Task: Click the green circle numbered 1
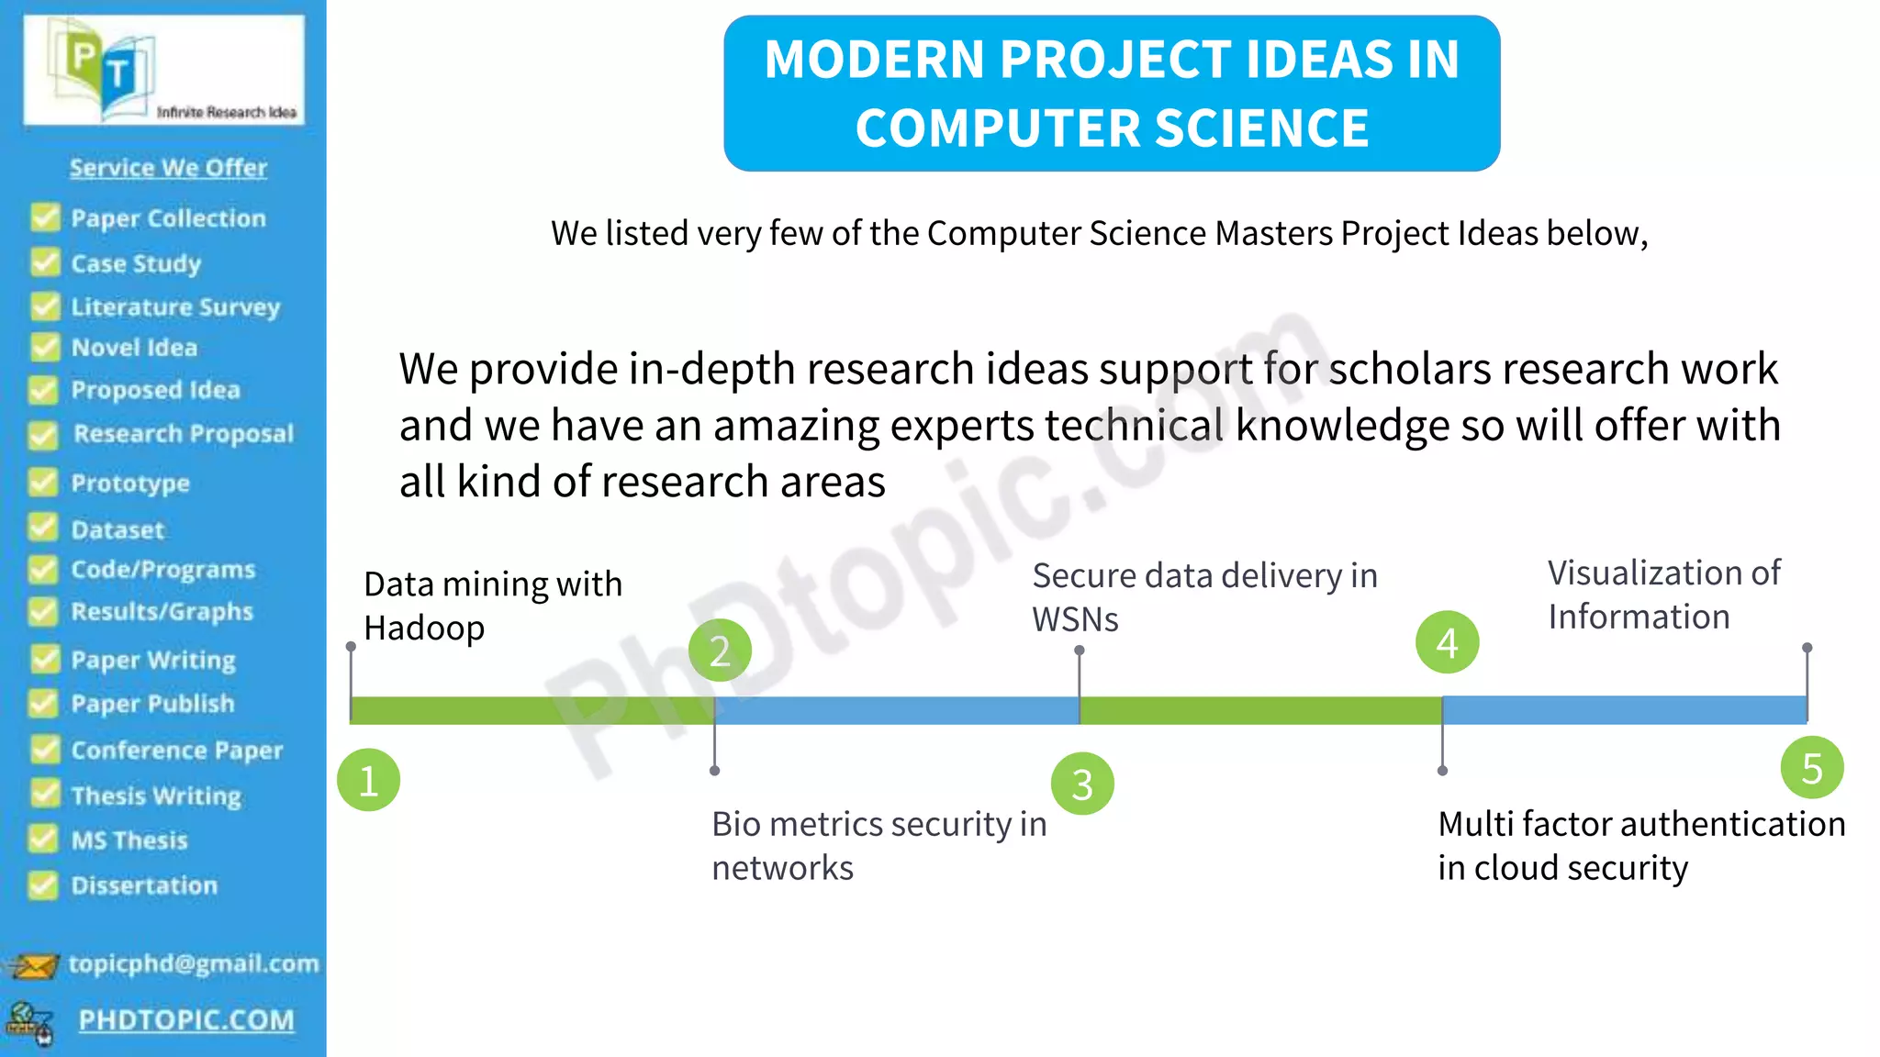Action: [x=368, y=781]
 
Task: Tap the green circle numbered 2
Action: [x=720, y=651]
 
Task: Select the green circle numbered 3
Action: [x=1082, y=784]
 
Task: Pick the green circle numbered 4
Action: [x=1447, y=642]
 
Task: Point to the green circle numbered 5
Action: [x=1811, y=768]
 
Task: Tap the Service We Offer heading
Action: [x=168, y=168]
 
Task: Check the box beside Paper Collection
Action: [x=44, y=218]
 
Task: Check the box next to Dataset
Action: [x=42, y=528]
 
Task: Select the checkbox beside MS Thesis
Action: [x=42, y=839]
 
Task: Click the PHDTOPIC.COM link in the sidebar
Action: [x=186, y=1019]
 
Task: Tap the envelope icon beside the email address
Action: [x=34, y=965]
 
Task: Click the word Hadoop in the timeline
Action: [x=424, y=629]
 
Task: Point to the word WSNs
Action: [x=1075, y=620]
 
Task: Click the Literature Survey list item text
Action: [x=175, y=306]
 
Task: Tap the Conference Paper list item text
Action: [x=177, y=751]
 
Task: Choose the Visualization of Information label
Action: [x=1662, y=595]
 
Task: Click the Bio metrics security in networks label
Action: [x=878, y=845]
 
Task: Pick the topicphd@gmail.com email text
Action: [x=194, y=963]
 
